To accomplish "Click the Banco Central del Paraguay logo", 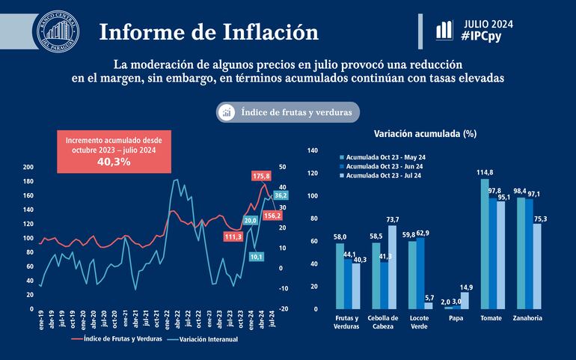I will click(56, 33).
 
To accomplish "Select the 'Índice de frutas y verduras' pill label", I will click(288, 112).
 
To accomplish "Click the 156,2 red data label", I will click(272, 216).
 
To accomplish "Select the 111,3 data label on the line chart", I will click(234, 237).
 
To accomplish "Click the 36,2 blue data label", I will click(281, 195).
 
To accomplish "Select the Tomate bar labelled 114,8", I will click(484, 243).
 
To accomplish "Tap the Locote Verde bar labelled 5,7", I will click(429, 305).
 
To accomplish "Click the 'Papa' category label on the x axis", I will click(456, 318).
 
